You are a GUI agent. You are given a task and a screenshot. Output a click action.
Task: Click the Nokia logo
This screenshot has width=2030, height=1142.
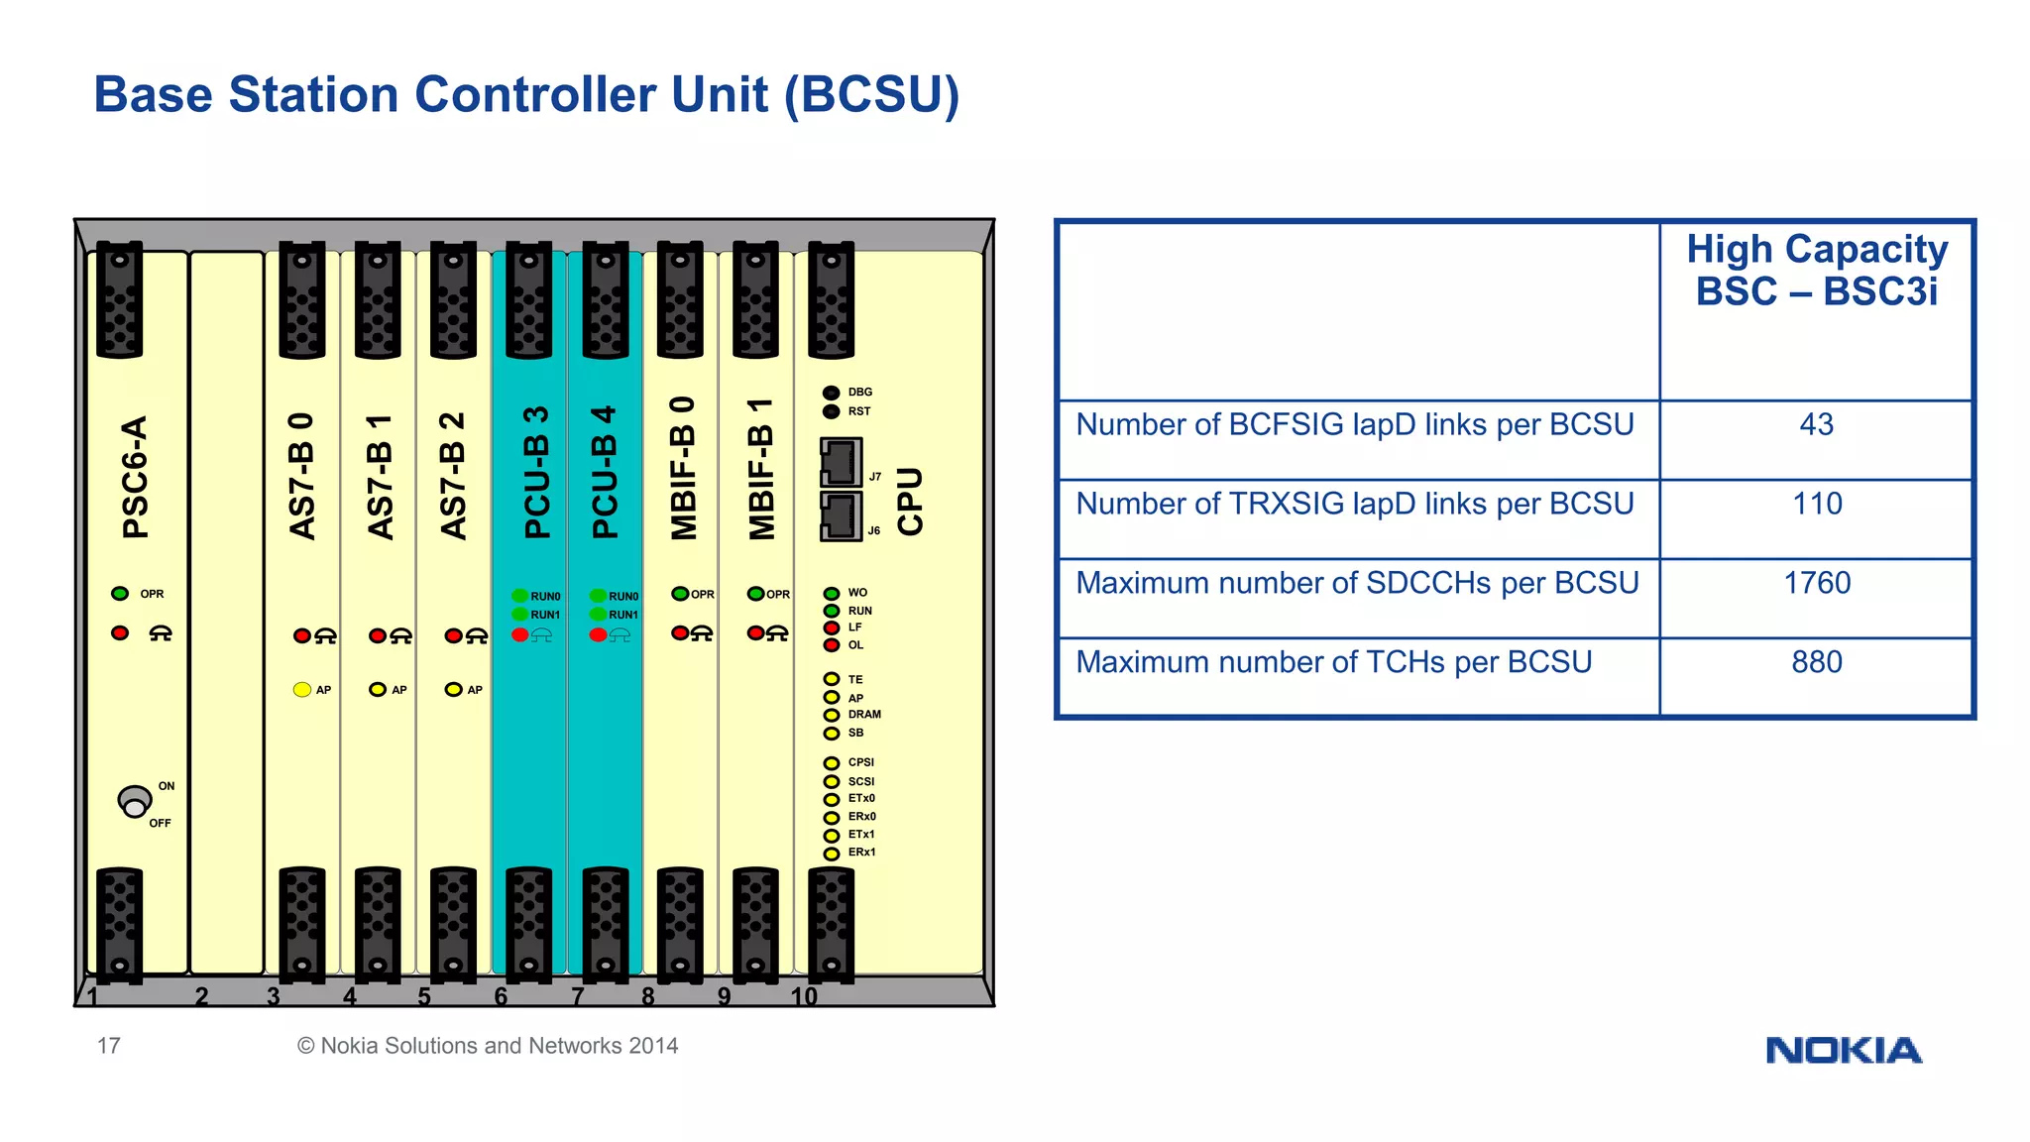pyautogui.click(x=1843, y=1050)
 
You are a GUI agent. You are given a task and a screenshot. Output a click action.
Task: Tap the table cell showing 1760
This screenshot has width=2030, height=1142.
pyautogui.click(x=1816, y=583)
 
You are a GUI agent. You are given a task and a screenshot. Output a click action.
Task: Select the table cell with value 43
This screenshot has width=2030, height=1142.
pyautogui.click(x=1816, y=425)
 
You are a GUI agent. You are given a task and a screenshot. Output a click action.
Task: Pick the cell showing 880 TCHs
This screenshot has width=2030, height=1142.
pyautogui.click(x=1816, y=662)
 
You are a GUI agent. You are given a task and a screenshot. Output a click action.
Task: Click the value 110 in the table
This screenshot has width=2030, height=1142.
pyautogui.click(x=1816, y=504)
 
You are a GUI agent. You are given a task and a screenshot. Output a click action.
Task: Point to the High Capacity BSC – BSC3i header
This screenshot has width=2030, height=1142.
pyautogui.click(x=1816, y=270)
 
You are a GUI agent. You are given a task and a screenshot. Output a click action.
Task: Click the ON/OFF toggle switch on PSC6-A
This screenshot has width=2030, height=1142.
pyautogui.click(x=134, y=801)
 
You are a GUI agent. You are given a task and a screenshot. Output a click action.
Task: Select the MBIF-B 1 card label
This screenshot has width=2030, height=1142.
pyautogui.click(x=761, y=469)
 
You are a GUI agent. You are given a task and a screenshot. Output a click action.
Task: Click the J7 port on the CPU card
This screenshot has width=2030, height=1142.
pyautogui.click(x=841, y=462)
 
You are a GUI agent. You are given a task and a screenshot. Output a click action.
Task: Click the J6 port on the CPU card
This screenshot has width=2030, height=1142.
pyautogui.click(x=841, y=516)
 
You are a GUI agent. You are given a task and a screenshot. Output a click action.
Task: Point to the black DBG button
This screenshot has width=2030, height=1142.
pyautogui.click(x=832, y=393)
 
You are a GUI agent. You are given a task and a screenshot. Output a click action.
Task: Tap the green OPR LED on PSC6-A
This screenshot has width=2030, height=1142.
pyautogui.click(x=120, y=594)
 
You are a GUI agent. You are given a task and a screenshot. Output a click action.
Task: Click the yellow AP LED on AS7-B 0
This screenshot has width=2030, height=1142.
pyautogui.click(x=302, y=689)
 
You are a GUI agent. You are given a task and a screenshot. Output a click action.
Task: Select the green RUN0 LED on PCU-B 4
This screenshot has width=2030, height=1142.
pyautogui.click(x=598, y=596)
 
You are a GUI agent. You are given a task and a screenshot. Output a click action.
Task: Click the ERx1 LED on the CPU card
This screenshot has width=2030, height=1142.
pyautogui.click(x=832, y=853)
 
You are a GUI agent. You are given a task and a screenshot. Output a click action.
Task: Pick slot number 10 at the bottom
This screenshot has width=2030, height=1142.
pyautogui.click(x=804, y=996)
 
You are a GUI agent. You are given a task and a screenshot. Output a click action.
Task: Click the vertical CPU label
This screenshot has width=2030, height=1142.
pyautogui.click(x=910, y=502)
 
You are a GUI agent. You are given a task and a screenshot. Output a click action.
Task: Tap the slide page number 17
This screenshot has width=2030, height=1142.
pyautogui.click(x=108, y=1046)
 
